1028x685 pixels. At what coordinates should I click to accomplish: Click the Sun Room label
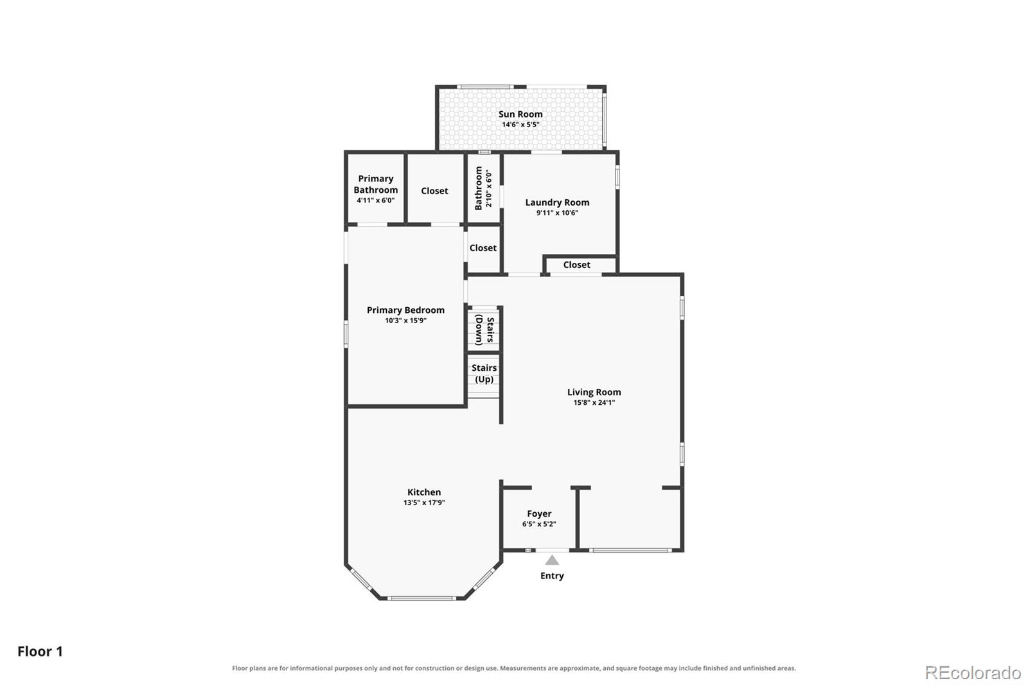point(520,114)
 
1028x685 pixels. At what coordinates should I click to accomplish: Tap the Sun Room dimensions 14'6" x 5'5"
point(520,125)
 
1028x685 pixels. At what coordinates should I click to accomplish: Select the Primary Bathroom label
point(375,184)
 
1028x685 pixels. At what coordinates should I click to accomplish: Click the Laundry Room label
point(557,202)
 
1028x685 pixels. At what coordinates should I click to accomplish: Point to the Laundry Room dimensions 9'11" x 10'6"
point(557,213)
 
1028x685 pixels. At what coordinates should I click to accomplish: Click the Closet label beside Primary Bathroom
point(434,191)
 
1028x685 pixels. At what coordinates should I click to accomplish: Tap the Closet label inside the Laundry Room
point(577,265)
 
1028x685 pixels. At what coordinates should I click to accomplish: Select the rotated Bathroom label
point(479,188)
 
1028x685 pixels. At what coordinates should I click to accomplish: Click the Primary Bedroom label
point(405,310)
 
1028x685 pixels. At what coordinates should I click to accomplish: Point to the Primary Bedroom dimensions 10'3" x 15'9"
point(405,321)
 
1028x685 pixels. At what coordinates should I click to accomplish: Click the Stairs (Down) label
point(484,330)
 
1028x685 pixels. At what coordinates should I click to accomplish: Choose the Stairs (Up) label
point(484,373)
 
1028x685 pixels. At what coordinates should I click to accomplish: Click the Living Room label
point(594,392)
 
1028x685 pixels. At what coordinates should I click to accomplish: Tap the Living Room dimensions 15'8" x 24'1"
point(594,403)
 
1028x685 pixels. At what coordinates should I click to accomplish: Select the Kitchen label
point(424,492)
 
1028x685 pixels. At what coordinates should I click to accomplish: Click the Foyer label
point(539,514)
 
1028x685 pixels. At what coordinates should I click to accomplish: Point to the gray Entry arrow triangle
point(552,560)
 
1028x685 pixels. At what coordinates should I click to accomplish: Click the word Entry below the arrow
point(552,576)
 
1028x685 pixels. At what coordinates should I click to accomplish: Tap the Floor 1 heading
point(40,651)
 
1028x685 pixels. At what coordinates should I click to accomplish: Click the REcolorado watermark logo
point(973,673)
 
